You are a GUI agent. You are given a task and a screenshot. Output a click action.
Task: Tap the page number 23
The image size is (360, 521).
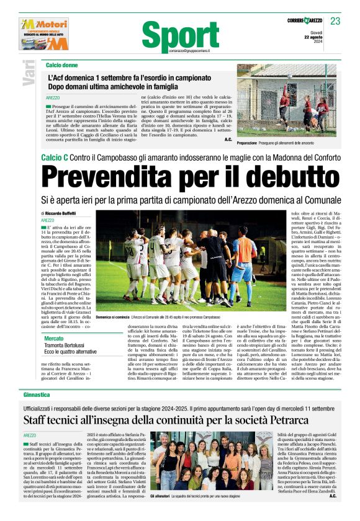(x=335, y=21)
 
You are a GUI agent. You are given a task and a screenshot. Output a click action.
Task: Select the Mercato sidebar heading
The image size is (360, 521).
(x=54, y=338)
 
